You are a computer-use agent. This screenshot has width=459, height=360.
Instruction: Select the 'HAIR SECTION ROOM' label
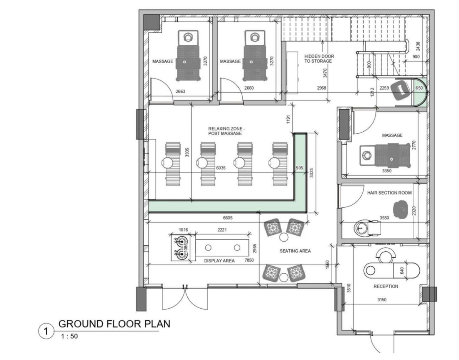point(389,193)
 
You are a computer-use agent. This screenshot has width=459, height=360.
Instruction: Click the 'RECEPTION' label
point(386,286)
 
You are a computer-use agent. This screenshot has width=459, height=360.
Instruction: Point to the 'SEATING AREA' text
point(295,251)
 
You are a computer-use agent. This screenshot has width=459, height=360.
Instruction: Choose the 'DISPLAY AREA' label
point(219,261)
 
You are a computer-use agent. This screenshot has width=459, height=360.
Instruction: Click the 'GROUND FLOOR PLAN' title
point(114,324)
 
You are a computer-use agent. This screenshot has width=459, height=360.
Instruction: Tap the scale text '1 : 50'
point(70,336)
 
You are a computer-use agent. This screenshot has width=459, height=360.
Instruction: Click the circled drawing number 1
point(46,331)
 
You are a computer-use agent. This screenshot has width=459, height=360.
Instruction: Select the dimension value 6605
point(228,218)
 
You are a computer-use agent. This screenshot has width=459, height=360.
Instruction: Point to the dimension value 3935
point(187,152)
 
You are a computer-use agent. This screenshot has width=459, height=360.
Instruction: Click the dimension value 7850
point(249,260)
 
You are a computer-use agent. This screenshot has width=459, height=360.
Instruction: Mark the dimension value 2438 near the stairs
point(418,46)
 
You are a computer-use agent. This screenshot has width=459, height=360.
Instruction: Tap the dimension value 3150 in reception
point(382,299)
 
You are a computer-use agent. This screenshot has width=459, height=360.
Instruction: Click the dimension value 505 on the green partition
point(299,168)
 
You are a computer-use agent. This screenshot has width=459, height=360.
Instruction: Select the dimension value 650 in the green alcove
point(419,88)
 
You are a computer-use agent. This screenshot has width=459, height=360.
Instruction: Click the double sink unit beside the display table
point(180,248)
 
